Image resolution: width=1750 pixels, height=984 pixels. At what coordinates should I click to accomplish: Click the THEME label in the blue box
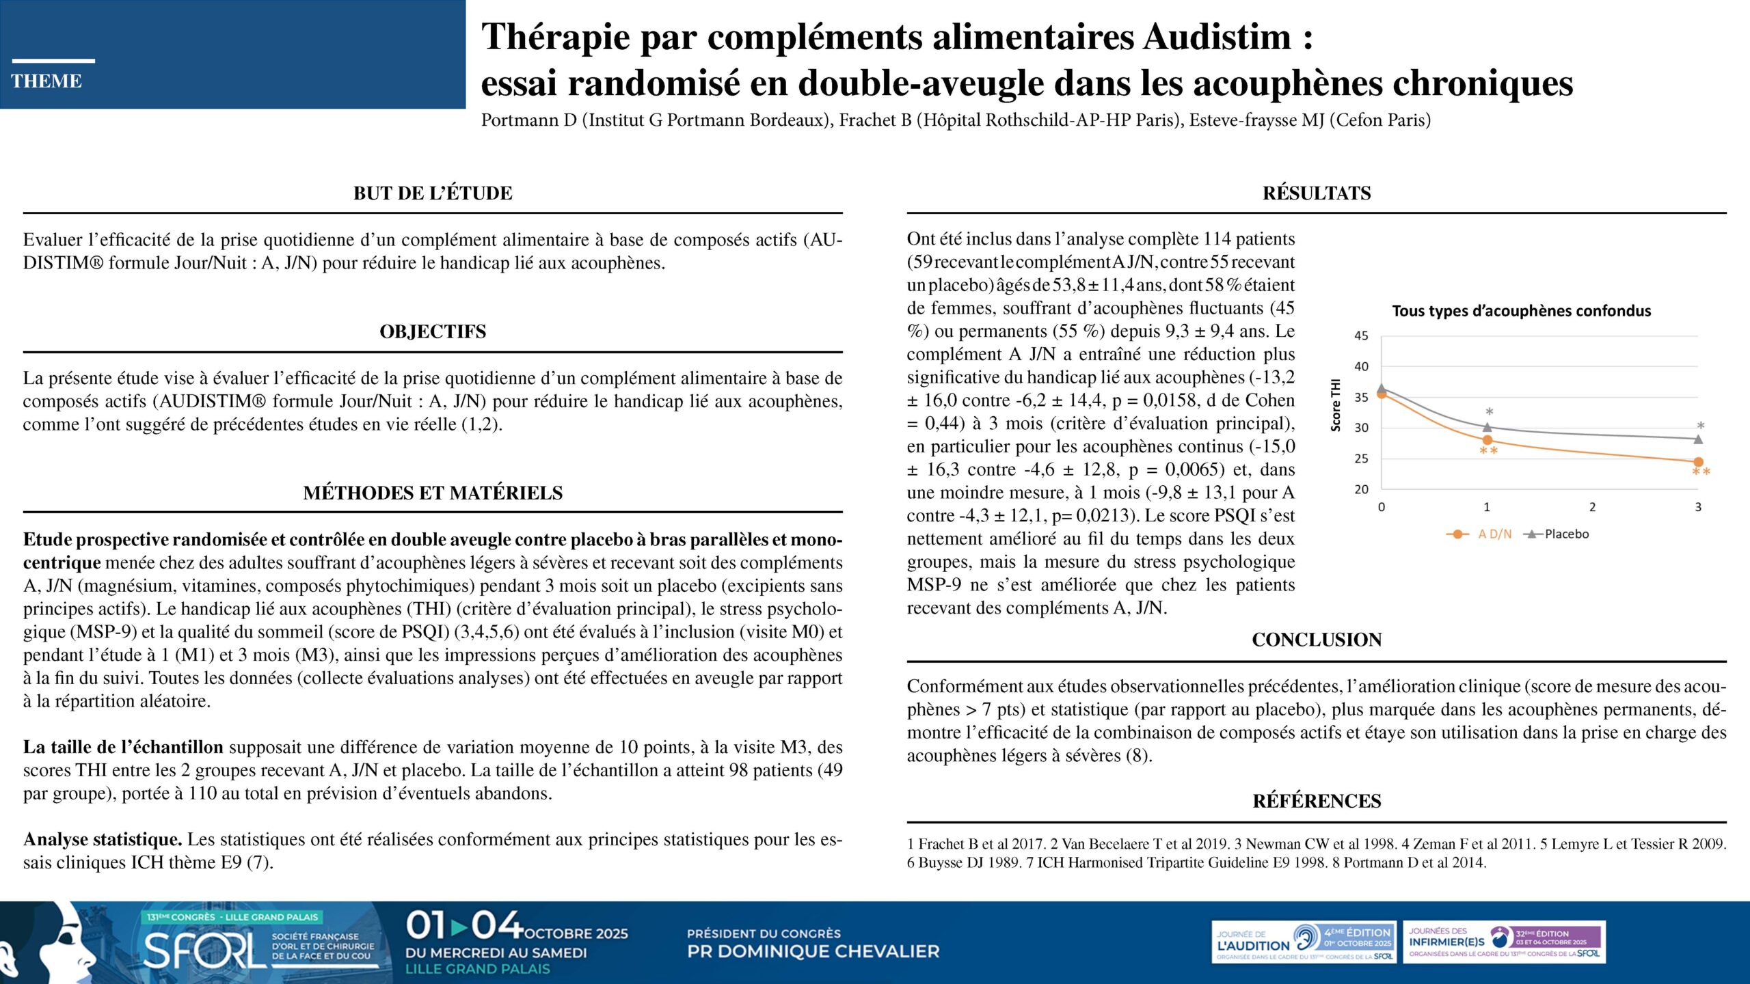point(46,81)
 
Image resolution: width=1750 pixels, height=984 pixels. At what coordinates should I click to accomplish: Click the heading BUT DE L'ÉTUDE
point(433,193)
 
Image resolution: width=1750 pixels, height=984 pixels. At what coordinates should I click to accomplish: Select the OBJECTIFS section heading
point(433,332)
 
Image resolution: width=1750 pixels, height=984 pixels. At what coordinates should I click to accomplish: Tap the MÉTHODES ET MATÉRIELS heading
point(433,493)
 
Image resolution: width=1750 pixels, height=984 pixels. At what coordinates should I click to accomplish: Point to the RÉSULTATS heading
point(1317,193)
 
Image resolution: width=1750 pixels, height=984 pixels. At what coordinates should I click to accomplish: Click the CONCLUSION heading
point(1317,640)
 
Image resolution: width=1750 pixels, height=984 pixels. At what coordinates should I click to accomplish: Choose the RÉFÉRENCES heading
point(1317,802)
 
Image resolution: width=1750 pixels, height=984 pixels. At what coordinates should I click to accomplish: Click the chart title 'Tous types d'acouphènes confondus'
point(1522,312)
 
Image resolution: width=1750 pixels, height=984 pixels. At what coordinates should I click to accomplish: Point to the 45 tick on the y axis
point(1361,336)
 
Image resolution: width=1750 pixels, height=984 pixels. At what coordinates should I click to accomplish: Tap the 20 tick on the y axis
point(1361,489)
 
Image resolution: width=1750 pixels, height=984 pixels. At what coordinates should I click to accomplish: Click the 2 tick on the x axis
point(1592,507)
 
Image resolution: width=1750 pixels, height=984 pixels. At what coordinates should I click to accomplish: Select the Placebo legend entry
point(1566,534)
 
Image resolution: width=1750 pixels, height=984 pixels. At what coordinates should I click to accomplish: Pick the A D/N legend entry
point(1494,534)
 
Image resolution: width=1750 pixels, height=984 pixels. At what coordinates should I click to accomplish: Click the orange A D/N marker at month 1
point(1487,440)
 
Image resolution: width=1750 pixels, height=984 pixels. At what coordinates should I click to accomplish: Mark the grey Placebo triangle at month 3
point(1698,439)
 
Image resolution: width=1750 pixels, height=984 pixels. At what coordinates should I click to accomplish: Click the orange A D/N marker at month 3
point(1698,462)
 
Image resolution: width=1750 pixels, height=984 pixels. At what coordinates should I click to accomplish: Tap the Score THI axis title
point(1336,405)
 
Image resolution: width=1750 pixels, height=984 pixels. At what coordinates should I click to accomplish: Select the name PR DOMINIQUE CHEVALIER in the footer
point(813,951)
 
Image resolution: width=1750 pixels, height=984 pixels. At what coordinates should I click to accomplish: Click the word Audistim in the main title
point(1217,37)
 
